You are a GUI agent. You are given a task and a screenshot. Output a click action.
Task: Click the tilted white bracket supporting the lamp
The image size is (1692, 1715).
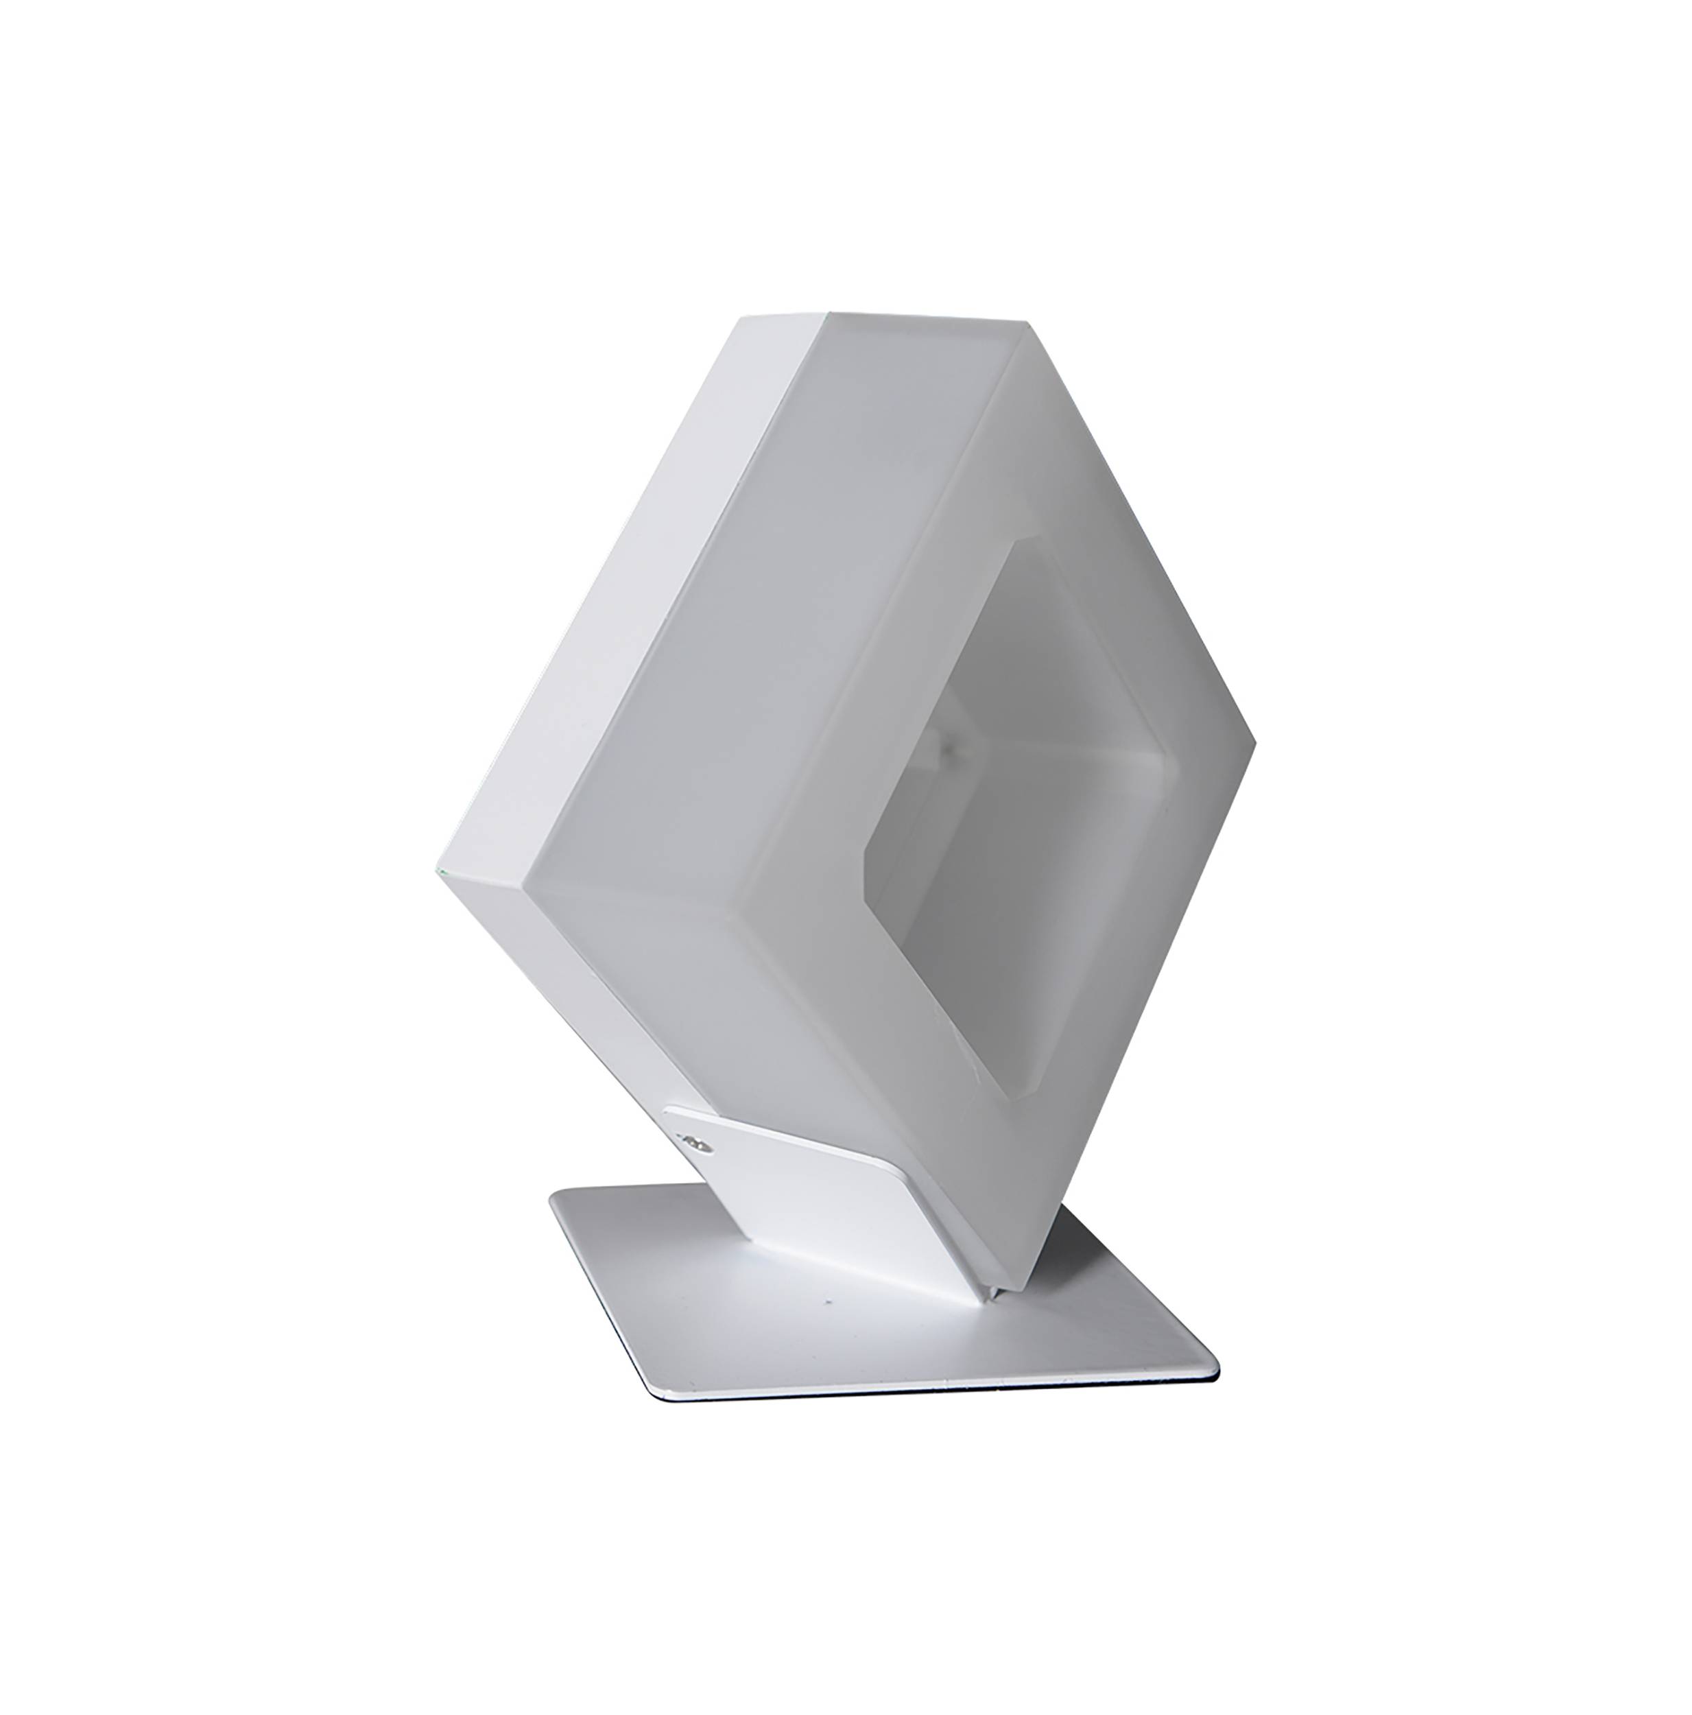[799, 1181]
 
